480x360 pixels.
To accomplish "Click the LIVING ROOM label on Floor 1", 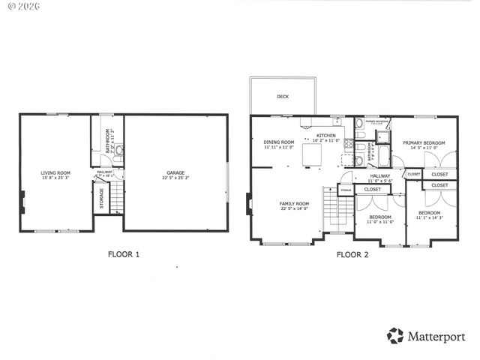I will click(55, 173).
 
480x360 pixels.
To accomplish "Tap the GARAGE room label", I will click(175, 173).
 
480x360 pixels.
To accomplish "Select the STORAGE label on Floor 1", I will click(102, 199).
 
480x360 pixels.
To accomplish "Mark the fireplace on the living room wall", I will click(23, 200).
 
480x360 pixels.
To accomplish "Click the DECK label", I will click(282, 96).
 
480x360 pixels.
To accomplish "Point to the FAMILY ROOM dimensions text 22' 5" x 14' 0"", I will click(294, 208).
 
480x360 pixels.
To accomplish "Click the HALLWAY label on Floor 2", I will click(379, 175).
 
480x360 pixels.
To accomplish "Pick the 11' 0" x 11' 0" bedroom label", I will click(379, 218).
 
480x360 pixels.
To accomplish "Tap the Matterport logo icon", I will click(394, 335).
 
